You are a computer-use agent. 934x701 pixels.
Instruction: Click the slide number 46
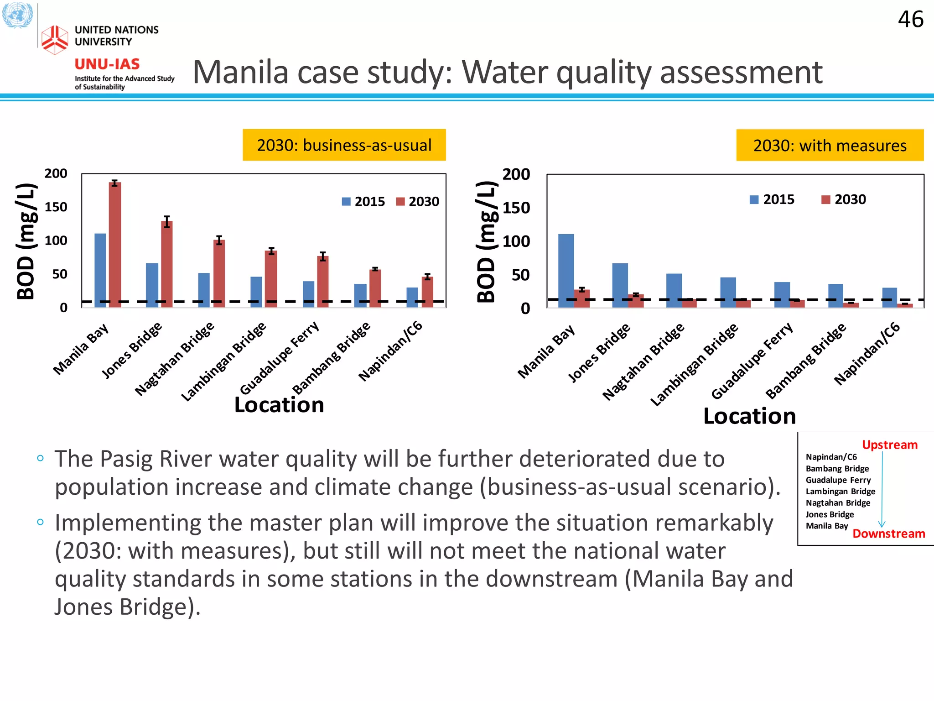coord(910,20)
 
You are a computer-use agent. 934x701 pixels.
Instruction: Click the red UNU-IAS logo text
coord(107,64)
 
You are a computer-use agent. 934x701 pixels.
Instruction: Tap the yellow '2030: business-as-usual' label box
coord(344,145)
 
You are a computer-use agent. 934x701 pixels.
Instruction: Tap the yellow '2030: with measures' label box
coord(830,145)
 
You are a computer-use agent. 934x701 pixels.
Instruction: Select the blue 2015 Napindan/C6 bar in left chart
coord(412,297)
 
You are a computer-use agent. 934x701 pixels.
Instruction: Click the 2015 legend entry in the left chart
coord(363,202)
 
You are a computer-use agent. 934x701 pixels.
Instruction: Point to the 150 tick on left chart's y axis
coord(56,207)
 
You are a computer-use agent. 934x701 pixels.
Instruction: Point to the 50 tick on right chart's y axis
coord(520,275)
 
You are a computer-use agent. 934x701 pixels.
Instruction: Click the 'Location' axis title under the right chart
coord(749,416)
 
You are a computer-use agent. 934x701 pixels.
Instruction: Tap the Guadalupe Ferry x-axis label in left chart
coord(280,358)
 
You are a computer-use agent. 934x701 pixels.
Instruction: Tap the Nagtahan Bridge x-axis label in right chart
coord(643,361)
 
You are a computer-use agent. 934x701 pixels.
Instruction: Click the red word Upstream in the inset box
coord(889,445)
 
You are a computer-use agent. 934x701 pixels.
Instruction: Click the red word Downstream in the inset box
coord(888,534)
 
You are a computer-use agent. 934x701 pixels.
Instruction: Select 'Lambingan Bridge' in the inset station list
coord(840,492)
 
